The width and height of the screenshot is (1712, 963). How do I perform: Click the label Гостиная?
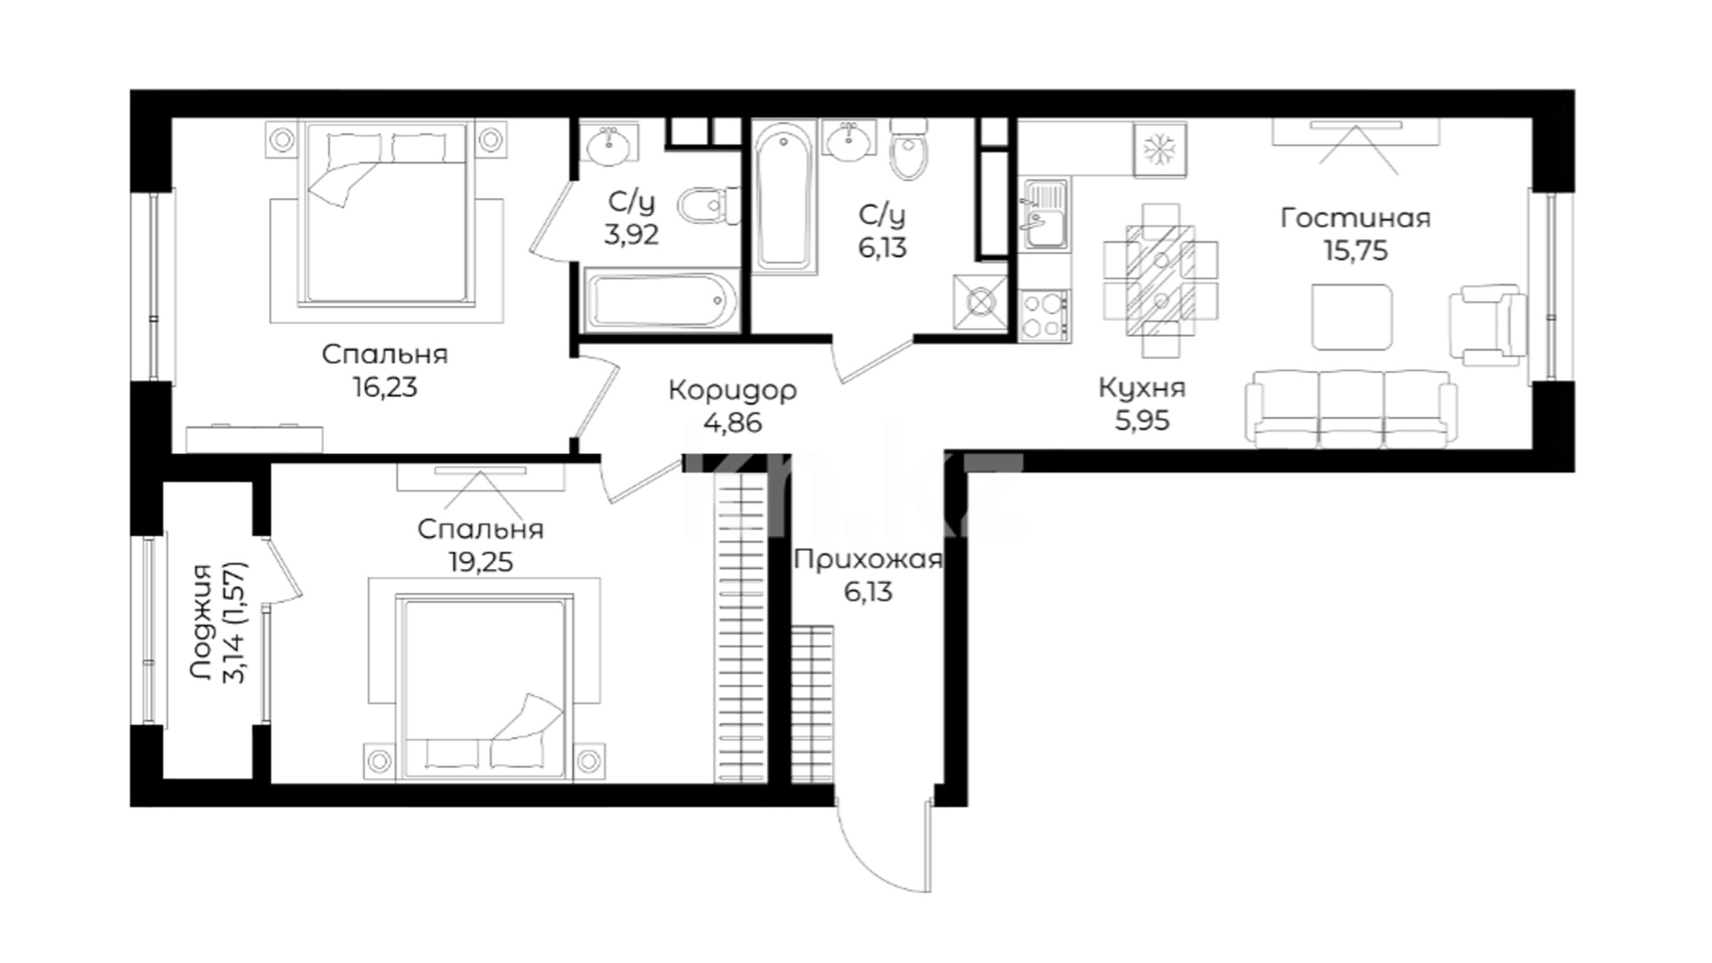click(1355, 218)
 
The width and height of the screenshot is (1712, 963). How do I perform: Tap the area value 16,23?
click(385, 388)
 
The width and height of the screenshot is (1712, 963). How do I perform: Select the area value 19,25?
click(480, 562)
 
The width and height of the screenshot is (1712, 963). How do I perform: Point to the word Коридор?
click(732, 391)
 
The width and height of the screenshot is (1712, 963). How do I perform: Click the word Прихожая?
click(868, 560)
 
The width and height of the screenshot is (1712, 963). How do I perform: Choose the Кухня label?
click(1142, 388)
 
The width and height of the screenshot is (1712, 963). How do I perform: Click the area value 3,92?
click(631, 235)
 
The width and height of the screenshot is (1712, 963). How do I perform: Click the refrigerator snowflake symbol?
click(1159, 149)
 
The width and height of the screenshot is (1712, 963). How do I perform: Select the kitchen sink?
click(1046, 214)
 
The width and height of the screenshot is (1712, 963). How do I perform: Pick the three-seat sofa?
click(1351, 407)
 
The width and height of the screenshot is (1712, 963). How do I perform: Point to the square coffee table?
click(1352, 317)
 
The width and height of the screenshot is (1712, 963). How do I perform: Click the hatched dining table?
click(1160, 279)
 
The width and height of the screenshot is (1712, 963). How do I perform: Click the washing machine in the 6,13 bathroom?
click(981, 303)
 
